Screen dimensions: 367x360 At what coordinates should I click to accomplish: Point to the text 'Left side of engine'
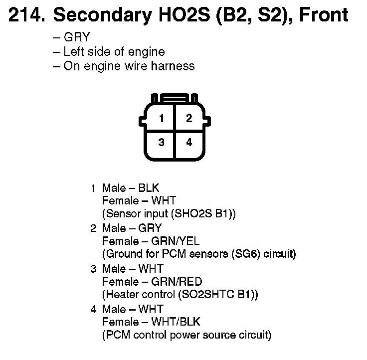[x=114, y=51]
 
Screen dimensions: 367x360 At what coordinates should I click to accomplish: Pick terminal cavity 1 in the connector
[x=161, y=119]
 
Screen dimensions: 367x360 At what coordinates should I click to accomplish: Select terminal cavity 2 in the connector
[x=188, y=119]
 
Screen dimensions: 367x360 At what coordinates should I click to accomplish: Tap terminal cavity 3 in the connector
[x=161, y=143]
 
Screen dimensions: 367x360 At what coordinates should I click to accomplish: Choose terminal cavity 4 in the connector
[x=188, y=143]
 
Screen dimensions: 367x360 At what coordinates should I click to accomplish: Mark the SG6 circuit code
[x=241, y=254]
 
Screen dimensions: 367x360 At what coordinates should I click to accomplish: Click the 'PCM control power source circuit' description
[x=187, y=335]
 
